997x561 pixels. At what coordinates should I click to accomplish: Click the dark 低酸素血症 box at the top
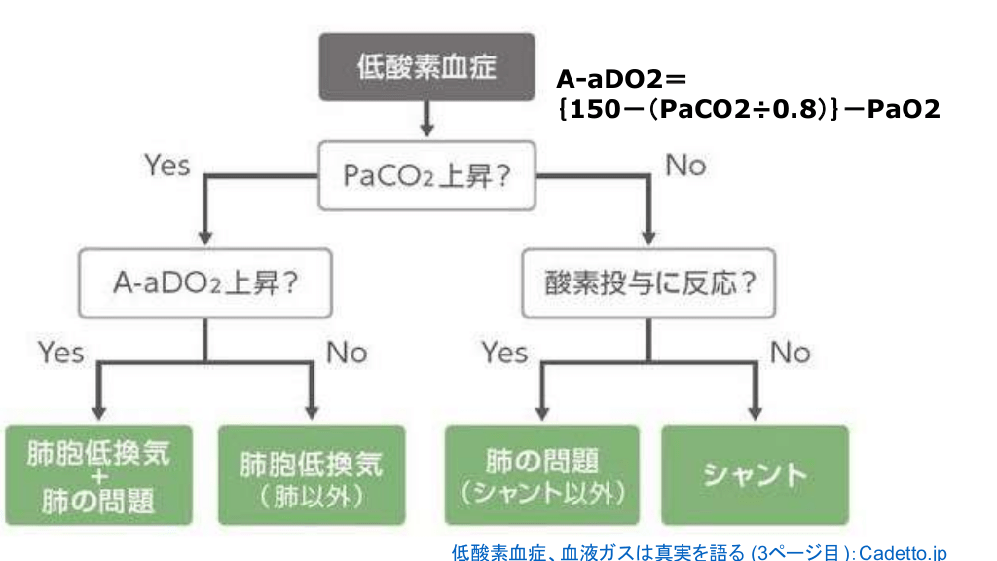point(427,66)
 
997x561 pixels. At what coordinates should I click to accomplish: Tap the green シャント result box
point(756,476)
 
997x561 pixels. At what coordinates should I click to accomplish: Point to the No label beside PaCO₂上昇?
point(685,166)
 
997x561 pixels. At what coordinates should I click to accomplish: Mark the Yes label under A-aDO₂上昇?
point(61,352)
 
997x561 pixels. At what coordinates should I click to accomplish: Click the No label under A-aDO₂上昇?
point(347,352)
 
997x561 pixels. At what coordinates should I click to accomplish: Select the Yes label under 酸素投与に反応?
point(504,352)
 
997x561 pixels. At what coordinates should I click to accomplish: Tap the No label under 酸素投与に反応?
point(790,352)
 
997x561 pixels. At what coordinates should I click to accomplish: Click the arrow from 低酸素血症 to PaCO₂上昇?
point(426,118)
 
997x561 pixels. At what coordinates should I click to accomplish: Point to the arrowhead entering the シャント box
point(756,411)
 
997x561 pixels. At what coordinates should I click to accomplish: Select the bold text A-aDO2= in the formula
point(621,79)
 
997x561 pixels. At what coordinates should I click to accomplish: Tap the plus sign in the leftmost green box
point(97,477)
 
